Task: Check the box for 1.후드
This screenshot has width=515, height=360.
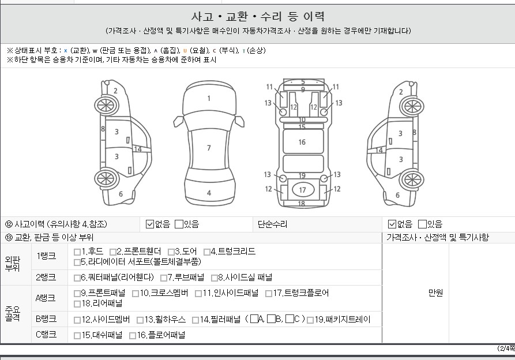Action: point(77,252)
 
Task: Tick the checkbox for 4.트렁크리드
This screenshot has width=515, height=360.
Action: point(207,252)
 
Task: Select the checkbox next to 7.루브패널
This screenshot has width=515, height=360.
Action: point(164,278)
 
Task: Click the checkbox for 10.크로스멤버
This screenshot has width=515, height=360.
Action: point(136,293)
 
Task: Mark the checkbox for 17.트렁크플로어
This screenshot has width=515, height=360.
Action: point(269,293)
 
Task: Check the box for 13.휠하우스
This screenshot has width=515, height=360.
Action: point(140,320)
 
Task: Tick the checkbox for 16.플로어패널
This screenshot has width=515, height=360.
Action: point(133,336)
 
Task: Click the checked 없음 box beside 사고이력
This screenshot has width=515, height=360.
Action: point(150,224)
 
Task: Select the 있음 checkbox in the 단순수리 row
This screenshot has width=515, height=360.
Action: point(422,224)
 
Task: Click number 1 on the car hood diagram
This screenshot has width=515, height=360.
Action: point(209,98)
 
